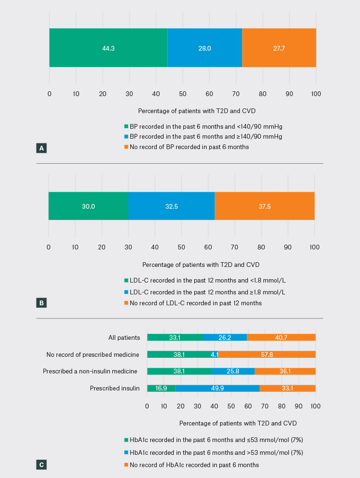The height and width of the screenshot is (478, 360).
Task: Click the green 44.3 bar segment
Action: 108,48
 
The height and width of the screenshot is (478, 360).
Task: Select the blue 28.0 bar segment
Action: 205,48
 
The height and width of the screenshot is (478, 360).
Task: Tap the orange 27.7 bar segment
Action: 279,48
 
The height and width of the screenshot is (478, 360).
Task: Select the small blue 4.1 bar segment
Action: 215,354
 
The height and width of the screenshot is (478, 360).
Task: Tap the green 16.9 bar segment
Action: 161,388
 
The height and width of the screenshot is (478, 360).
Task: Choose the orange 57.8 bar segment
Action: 267,354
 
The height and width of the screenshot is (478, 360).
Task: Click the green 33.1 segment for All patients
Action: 175,337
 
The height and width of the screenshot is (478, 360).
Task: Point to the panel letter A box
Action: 41,148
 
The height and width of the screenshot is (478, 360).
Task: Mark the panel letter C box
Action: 41,465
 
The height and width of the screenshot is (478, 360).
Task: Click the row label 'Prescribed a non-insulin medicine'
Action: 91,372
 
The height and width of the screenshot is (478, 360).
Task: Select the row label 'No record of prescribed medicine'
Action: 93,354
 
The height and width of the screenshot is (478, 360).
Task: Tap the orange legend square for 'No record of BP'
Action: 126,147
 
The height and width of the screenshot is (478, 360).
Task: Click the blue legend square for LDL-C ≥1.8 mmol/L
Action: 126,292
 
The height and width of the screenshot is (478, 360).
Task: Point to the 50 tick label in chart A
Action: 182,94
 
